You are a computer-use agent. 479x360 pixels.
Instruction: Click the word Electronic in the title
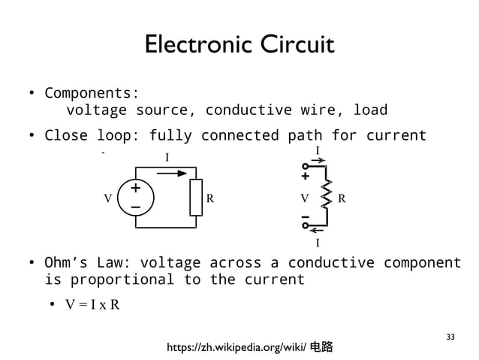click(195, 45)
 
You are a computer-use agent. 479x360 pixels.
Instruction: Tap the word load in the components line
click(370, 110)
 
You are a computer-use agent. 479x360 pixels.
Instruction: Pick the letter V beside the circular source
click(108, 199)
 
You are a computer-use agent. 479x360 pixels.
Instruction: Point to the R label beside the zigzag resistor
click(342, 199)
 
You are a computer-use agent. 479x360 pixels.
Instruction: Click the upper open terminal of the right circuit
click(306, 167)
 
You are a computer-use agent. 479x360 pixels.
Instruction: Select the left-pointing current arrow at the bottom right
click(318, 231)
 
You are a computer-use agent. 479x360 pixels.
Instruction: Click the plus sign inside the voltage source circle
click(136, 189)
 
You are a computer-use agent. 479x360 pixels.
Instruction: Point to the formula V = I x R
click(92, 305)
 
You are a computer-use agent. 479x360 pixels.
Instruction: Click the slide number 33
click(450, 335)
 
